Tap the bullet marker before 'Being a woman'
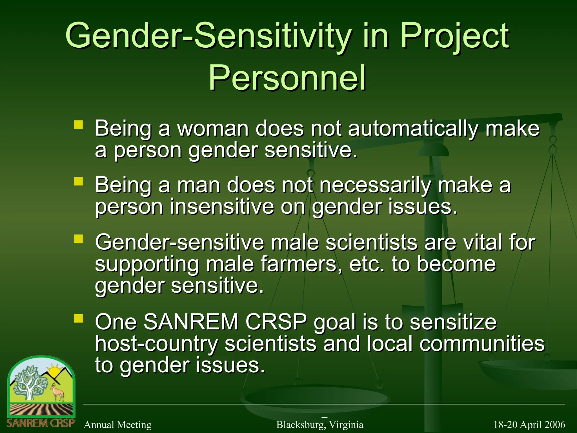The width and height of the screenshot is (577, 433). tap(79, 125)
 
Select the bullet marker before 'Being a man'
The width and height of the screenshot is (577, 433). tap(79, 181)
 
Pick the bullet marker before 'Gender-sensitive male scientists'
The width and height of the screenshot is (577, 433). tap(79, 239)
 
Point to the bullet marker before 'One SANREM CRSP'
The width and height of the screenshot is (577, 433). tap(79, 319)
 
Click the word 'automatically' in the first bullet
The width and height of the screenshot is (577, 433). tap(413, 129)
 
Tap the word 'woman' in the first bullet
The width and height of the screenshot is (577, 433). tap(213, 129)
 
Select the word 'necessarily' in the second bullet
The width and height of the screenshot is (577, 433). tap(375, 186)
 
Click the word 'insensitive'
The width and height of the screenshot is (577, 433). tap(222, 207)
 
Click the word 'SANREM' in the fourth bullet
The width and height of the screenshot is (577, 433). tap(191, 322)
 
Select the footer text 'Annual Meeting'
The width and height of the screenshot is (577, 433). tap(117, 425)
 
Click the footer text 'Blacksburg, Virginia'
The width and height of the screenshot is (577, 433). tap(320, 425)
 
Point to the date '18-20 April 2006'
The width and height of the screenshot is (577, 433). tap(529, 425)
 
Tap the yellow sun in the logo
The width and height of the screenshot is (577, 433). tap(54, 372)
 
